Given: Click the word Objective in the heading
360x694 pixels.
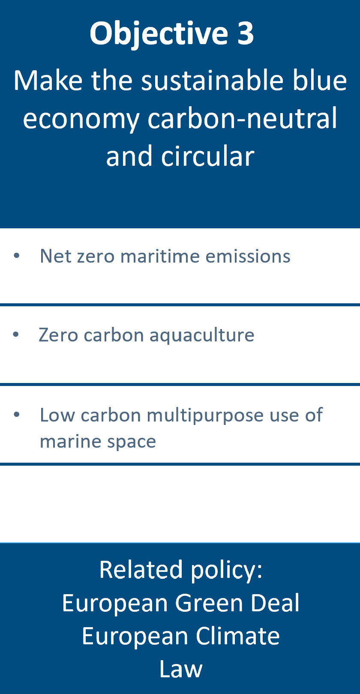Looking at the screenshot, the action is point(159,33).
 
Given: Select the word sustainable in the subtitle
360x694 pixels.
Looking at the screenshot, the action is point(213,81).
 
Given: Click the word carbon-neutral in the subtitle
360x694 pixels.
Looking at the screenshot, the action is point(242,118).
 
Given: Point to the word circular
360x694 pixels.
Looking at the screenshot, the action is point(207,156).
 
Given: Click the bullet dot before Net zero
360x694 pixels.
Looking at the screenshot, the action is point(17,256).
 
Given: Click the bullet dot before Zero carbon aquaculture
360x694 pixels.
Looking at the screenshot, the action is point(16,335).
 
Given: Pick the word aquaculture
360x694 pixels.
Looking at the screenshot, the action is point(202,335).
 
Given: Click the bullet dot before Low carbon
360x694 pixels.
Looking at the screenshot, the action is point(17,414).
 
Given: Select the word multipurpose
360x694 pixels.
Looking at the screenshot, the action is point(205,416).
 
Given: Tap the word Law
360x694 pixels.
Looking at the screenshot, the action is point(181,669).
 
